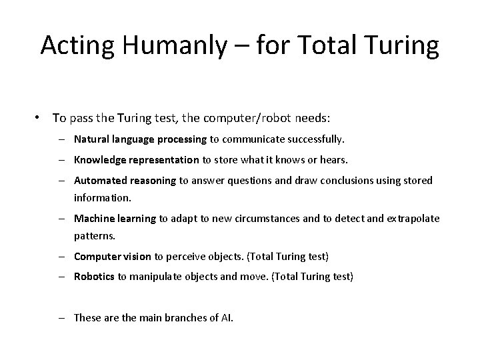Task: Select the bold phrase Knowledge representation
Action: [136, 160]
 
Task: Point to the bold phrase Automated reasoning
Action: [124, 181]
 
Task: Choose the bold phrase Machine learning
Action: [115, 218]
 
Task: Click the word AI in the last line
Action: [226, 318]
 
